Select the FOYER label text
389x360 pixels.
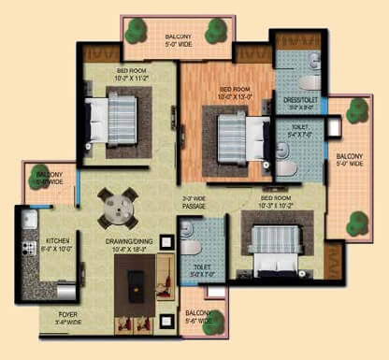[x=68, y=315]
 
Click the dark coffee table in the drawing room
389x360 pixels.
[x=134, y=277]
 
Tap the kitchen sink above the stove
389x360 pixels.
[x=28, y=221]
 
